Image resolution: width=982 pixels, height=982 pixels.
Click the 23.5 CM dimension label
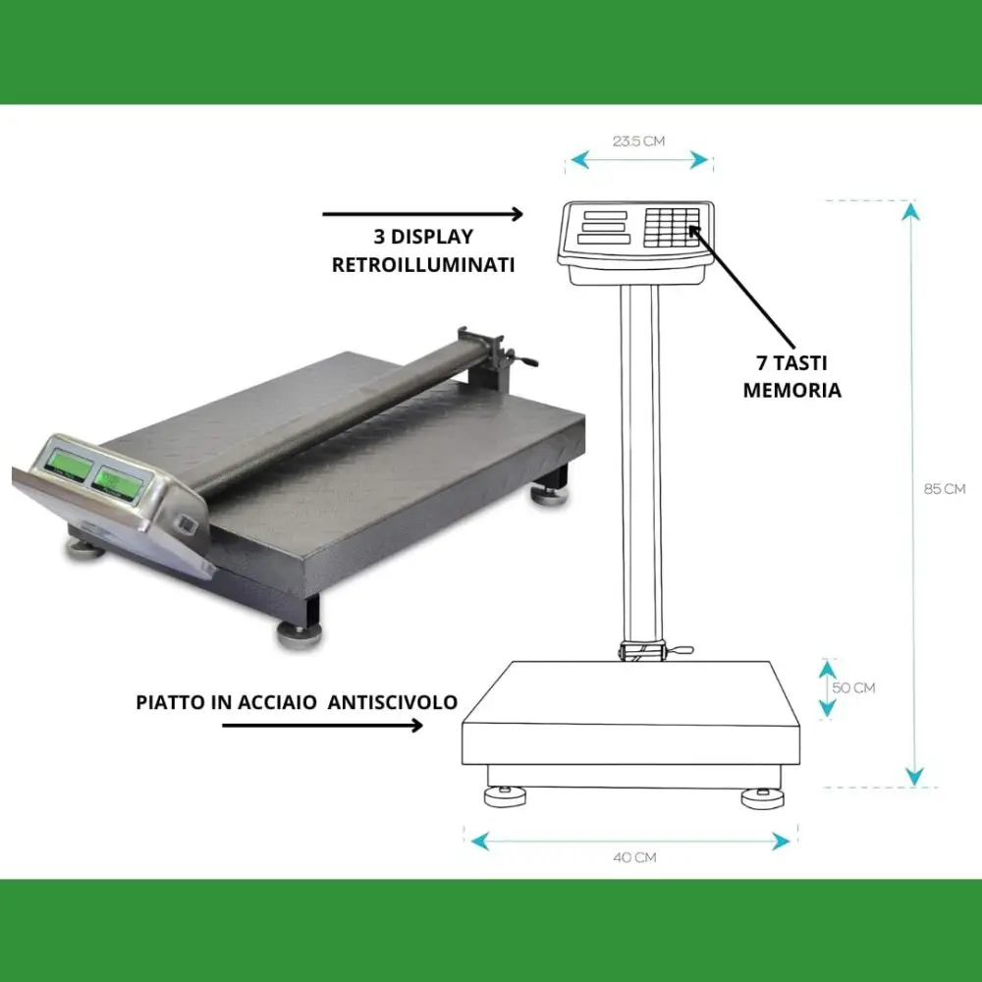[x=638, y=141]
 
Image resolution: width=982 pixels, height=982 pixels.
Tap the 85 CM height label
[x=945, y=489]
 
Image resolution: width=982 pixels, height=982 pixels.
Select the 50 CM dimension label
[x=853, y=688]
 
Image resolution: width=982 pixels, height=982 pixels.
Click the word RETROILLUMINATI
[x=423, y=264]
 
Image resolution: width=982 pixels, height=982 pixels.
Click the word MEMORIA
[x=791, y=390]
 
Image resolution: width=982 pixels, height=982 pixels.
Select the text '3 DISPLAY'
[x=423, y=237]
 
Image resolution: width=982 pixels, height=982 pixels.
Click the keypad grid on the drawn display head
[x=672, y=227]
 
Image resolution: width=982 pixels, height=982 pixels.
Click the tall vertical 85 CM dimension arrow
[x=914, y=491]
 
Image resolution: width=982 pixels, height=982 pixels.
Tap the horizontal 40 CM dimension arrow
[x=630, y=841]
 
